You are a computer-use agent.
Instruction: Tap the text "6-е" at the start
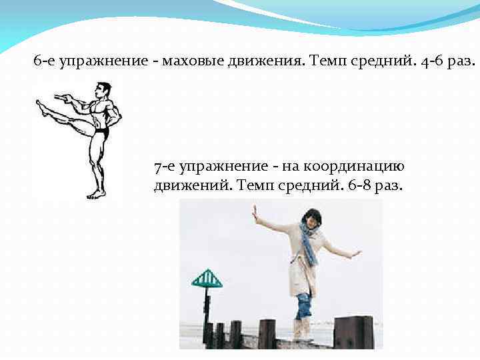(x=45, y=63)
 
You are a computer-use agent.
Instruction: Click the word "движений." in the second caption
(x=191, y=185)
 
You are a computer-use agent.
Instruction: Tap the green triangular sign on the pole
(x=207, y=279)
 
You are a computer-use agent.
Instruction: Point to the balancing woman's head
(x=312, y=218)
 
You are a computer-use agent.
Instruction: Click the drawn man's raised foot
(x=41, y=106)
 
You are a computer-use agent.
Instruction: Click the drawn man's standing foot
(x=95, y=195)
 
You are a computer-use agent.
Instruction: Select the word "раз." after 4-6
(x=461, y=63)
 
